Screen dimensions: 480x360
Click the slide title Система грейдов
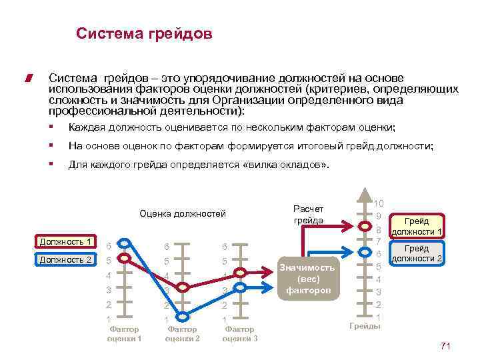pyautogui.click(x=144, y=33)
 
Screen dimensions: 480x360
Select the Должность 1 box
pyautogui.click(x=65, y=241)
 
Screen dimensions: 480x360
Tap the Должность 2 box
pyautogui.click(x=65, y=259)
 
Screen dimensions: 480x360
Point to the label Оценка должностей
pyautogui.click(x=182, y=214)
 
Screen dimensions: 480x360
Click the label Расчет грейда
pyautogui.click(x=307, y=215)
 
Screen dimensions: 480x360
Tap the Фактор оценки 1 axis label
pyautogui.click(x=124, y=333)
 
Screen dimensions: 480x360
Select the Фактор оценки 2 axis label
pyautogui.click(x=182, y=333)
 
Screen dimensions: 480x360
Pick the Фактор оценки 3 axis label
pyautogui.click(x=239, y=333)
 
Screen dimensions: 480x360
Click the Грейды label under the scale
pyautogui.click(x=365, y=326)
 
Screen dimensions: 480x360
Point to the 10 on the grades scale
pyautogui.click(x=378, y=203)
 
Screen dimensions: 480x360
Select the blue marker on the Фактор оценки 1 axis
pyautogui.click(x=125, y=259)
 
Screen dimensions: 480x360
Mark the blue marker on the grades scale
pyautogui.click(x=365, y=252)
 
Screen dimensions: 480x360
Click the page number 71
pyautogui.click(x=446, y=345)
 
